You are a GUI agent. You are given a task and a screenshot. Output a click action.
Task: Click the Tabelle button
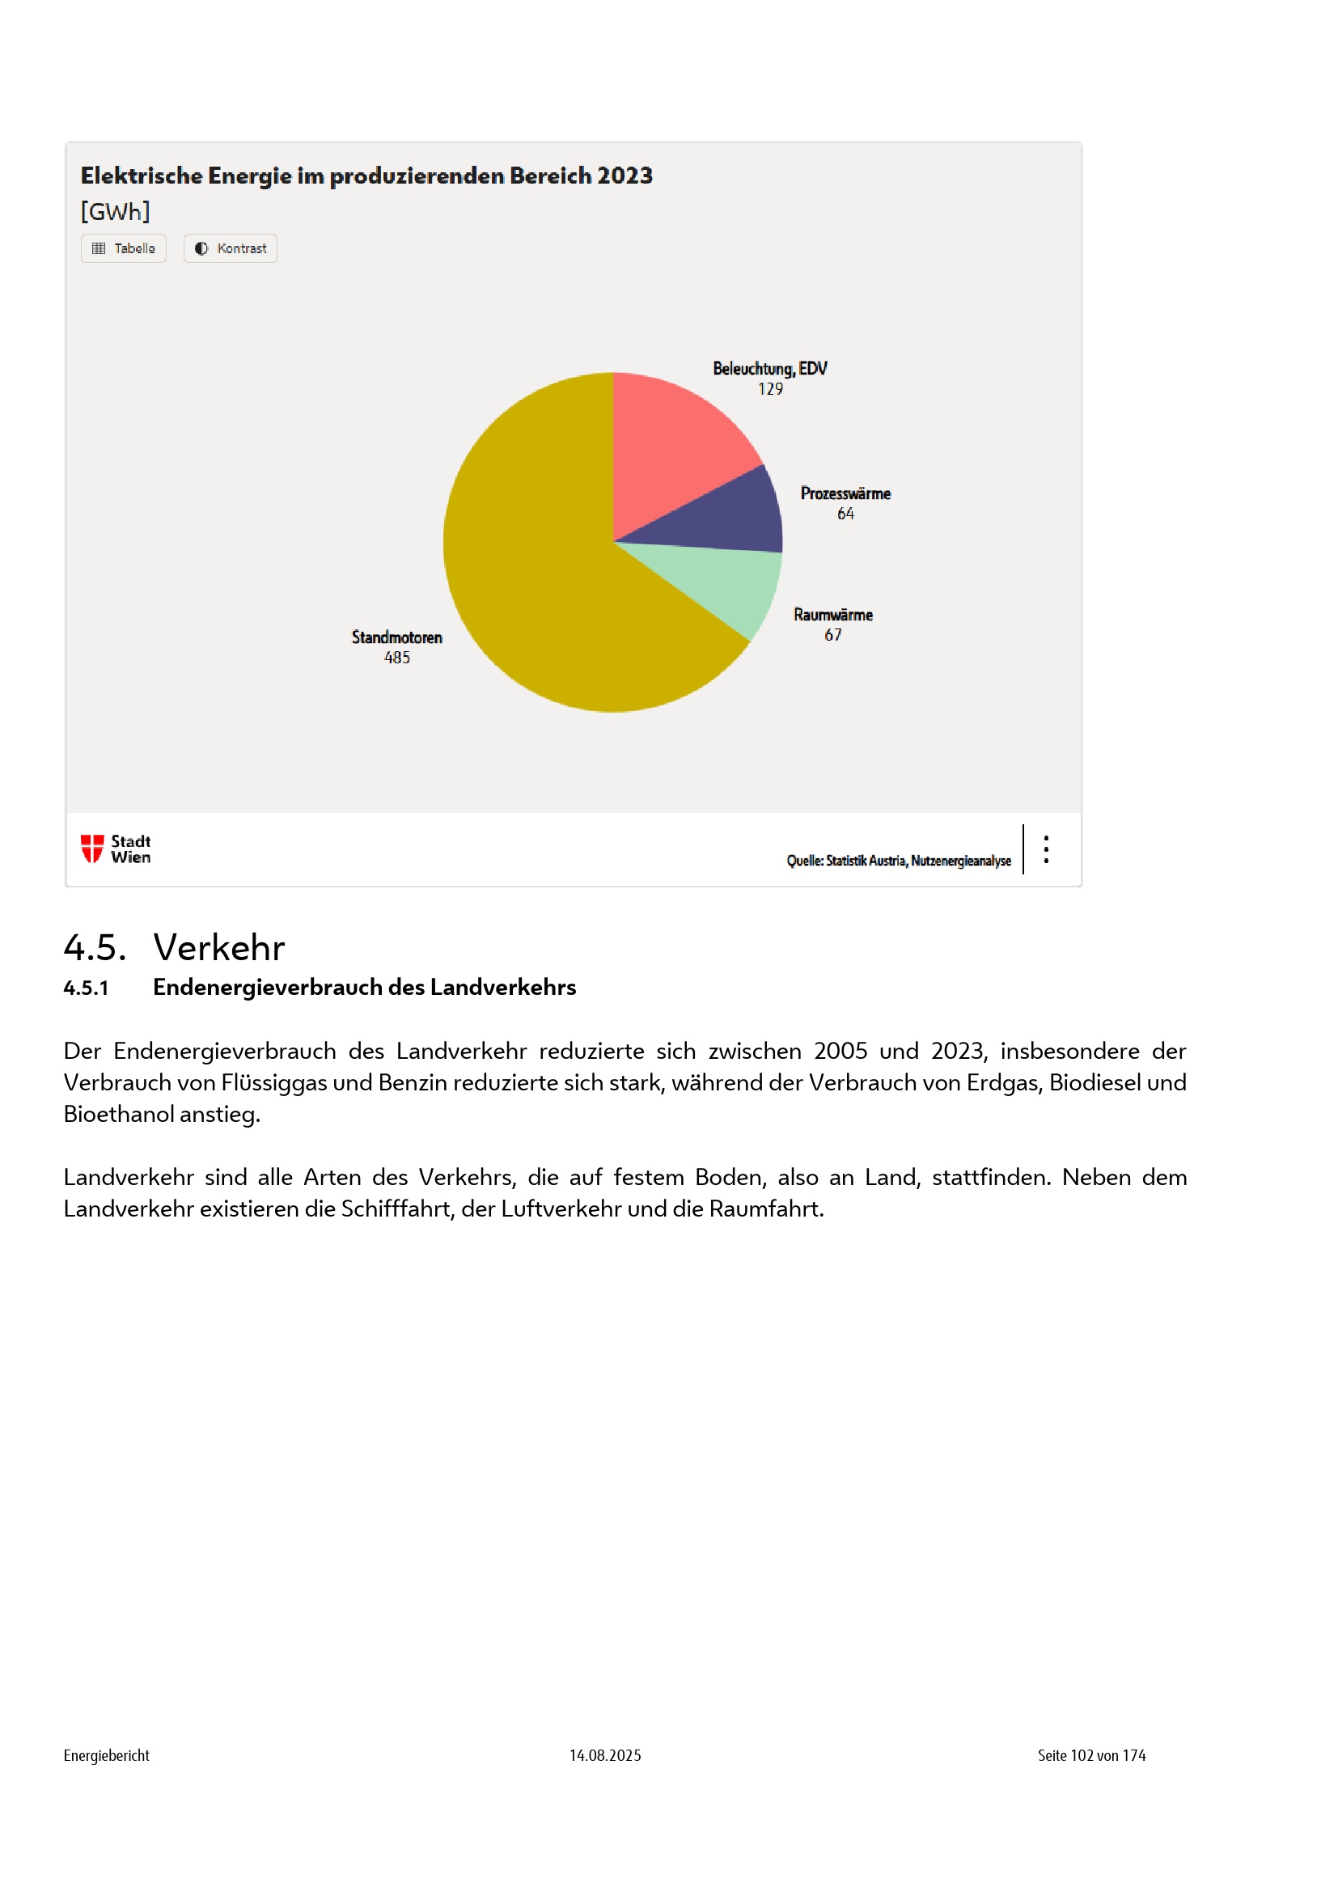point(124,248)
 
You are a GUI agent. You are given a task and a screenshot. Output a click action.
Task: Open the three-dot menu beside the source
point(1045,849)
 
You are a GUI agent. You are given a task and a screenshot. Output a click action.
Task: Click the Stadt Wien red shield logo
point(91,848)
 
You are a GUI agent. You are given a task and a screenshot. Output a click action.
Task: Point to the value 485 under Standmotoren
point(397,658)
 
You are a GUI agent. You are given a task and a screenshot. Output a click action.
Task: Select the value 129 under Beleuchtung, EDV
point(770,389)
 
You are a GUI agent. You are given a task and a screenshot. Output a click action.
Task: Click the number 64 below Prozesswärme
point(845,514)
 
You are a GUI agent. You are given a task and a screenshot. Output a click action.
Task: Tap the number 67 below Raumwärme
point(833,634)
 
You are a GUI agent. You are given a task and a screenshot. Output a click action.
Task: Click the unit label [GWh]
point(116,212)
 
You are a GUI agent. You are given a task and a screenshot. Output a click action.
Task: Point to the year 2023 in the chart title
point(625,176)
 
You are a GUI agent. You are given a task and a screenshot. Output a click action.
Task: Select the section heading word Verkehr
point(219,948)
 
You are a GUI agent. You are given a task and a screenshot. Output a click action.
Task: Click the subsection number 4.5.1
point(87,987)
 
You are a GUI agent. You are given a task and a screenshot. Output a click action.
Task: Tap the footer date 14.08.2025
point(605,1755)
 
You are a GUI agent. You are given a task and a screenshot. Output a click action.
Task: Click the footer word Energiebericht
point(106,1755)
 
